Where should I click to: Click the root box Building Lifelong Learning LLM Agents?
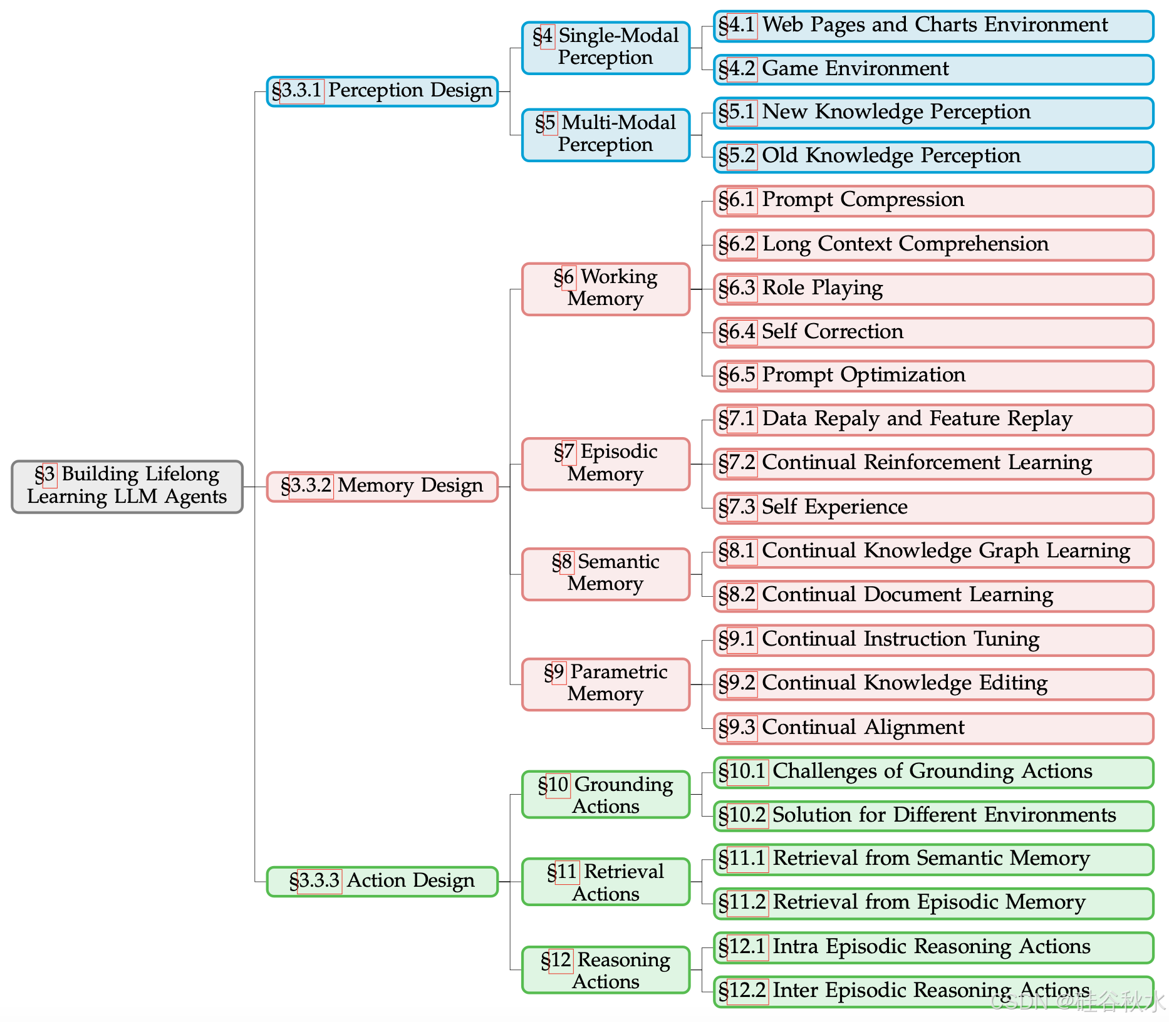127,486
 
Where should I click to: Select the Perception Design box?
382,91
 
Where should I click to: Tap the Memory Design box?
382,487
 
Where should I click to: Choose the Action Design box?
382,881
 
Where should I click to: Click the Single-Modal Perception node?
606,48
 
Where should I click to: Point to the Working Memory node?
606,289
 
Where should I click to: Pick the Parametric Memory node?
606,684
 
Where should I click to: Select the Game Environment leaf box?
933,69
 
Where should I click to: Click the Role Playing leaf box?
933,289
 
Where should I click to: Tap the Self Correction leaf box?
933,333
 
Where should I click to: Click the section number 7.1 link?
742,419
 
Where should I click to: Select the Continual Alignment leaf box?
933,728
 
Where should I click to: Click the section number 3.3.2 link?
311,486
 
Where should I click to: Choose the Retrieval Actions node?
606,882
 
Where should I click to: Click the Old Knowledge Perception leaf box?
933,157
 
